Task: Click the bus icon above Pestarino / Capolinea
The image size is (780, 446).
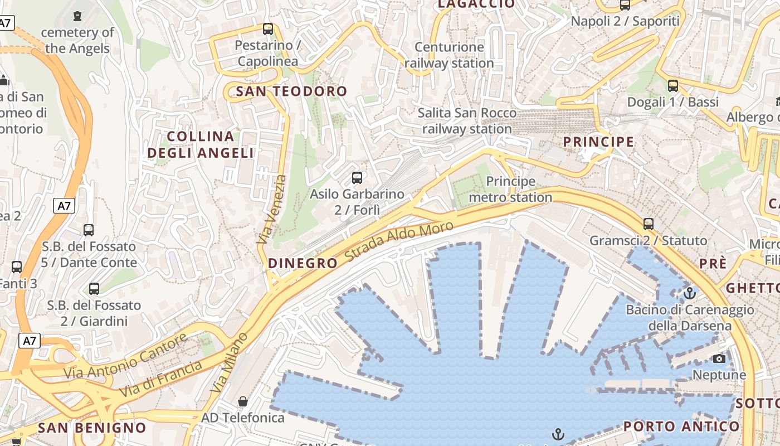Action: pos(268,29)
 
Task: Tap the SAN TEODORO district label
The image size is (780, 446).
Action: pos(291,91)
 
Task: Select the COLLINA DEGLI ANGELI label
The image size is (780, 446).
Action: pos(201,144)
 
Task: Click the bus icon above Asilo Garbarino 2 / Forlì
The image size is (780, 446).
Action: pos(357,178)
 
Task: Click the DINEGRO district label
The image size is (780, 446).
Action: pos(303,263)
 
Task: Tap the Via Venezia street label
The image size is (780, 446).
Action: pos(272,210)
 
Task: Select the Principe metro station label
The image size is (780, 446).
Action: pos(510,190)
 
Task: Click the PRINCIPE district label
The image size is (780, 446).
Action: pos(598,142)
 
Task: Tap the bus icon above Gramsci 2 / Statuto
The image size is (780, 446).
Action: pos(648,224)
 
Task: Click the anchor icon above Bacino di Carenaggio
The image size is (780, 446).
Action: pos(690,293)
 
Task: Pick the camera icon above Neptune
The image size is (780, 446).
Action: pos(719,358)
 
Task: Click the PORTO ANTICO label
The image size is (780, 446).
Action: pos(681,426)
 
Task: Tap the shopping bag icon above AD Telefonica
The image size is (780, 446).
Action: pos(243,401)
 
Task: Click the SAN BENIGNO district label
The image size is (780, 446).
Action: pos(92,428)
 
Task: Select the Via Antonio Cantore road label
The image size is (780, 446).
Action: pos(125,356)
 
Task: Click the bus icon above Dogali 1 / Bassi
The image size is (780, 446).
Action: pos(673,86)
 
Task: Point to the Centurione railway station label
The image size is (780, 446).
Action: pos(449,55)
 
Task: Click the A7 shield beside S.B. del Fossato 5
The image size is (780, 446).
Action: pos(65,206)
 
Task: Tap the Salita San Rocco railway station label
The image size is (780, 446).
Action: pos(467,121)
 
